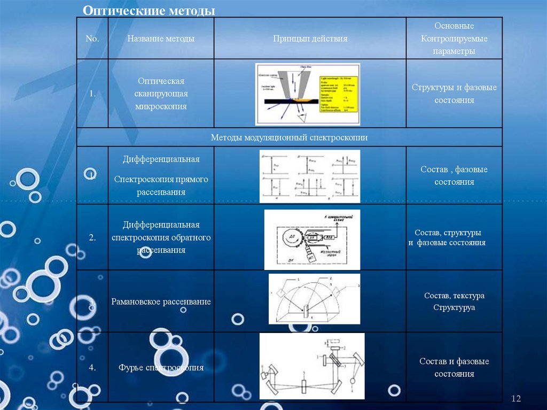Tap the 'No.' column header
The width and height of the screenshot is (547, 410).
(x=92, y=39)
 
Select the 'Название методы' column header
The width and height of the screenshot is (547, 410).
(x=161, y=39)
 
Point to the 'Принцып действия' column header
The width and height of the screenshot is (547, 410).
(x=310, y=39)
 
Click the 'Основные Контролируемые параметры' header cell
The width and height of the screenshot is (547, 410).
(x=454, y=38)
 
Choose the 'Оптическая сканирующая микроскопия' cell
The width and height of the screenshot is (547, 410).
(x=161, y=94)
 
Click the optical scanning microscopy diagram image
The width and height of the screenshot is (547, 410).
(x=307, y=94)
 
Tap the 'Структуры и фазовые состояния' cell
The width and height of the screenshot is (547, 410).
(x=454, y=94)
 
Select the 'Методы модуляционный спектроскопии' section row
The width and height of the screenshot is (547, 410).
(x=290, y=137)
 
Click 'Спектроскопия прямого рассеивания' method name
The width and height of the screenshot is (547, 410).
(x=161, y=185)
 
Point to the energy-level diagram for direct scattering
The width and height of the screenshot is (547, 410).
(x=310, y=176)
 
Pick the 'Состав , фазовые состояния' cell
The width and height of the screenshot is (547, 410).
(x=454, y=175)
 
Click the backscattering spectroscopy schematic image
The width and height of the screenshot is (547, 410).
(x=312, y=239)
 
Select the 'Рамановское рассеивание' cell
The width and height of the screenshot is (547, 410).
(x=161, y=302)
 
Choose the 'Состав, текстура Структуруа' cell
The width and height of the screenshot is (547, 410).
(x=454, y=301)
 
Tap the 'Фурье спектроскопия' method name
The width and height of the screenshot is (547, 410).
(x=161, y=368)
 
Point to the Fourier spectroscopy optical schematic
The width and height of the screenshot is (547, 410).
(x=312, y=366)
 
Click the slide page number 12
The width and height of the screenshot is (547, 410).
(x=516, y=399)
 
